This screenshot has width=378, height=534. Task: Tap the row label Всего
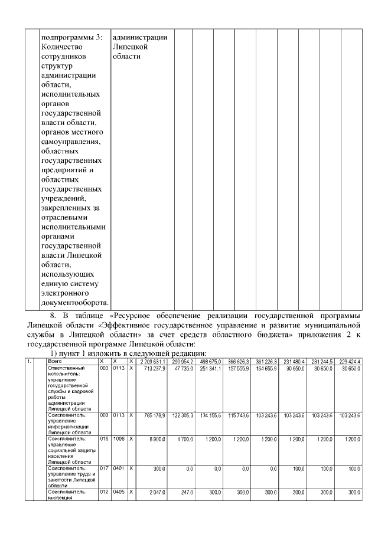tap(55, 361)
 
